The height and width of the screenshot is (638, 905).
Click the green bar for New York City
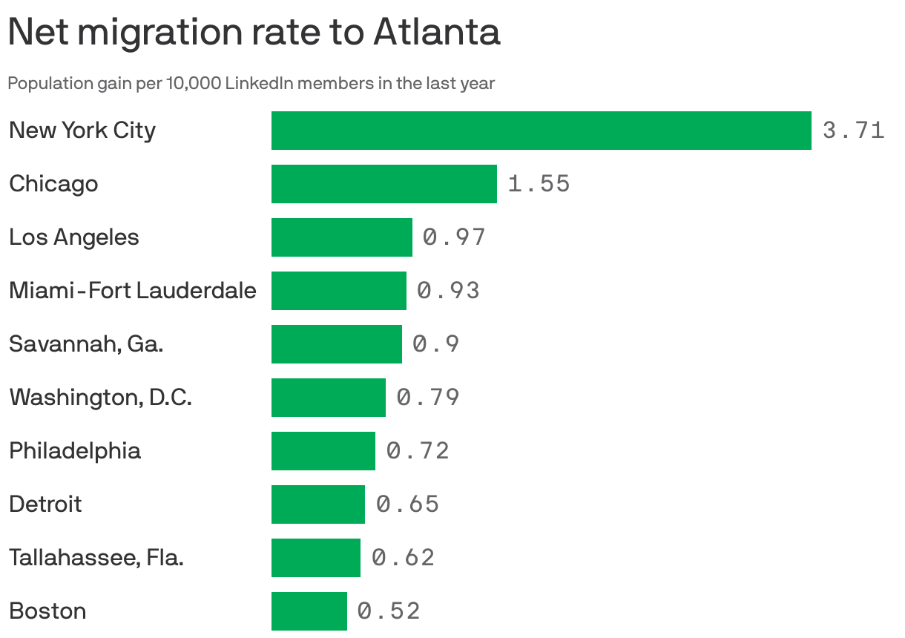pos(541,131)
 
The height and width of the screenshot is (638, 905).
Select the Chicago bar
pos(384,184)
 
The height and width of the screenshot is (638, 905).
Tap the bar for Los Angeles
pos(341,237)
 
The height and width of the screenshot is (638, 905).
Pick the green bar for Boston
pos(309,611)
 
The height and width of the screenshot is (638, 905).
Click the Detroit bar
pos(317,504)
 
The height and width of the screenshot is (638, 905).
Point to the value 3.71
pos(853,131)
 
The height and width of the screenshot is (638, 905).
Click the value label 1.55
pos(539,184)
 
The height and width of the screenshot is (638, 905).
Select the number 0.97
pos(454,237)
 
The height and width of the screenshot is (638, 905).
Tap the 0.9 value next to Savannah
pos(436,344)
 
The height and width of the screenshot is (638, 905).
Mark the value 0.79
pos(428,398)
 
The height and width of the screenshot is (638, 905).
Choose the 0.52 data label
pos(389,611)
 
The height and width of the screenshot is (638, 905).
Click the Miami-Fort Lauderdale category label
pos(132,290)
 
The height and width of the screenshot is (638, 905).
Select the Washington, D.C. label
pos(100,398)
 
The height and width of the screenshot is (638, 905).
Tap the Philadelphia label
pos(74,451)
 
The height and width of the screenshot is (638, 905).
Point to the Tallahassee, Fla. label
pos(96,557)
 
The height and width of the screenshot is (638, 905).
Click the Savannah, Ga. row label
pos(86,344)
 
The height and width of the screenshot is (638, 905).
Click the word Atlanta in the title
pos(436,32)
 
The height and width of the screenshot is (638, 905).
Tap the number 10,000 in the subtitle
pos(193,83)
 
